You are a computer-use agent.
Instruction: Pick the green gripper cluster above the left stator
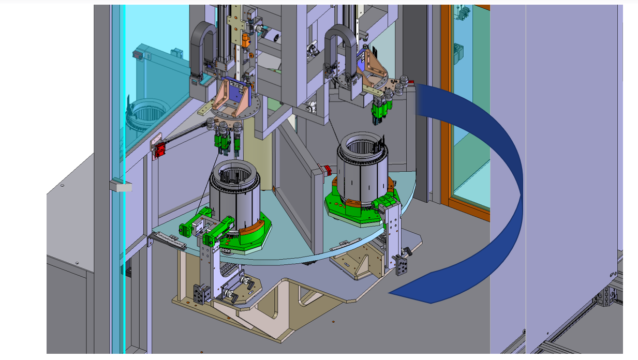tap(226, 142)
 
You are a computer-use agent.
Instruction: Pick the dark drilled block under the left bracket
tap(199, 294)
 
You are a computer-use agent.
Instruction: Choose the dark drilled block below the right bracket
tap(402, 265)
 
